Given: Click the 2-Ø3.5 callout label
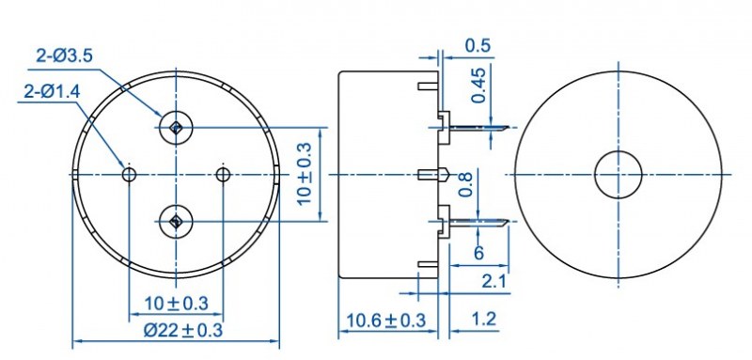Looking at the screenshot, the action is point(64,56).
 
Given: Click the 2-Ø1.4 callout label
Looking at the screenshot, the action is point(52,91).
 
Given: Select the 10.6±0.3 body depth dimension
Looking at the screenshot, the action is point(386,321).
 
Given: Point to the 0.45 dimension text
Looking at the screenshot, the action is point(478,85).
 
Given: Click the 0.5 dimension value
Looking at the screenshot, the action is point(478,45).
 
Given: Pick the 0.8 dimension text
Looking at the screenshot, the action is point(465,184).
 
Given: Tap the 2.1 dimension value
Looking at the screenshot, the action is point(494,281).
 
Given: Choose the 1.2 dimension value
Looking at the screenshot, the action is point(483,319).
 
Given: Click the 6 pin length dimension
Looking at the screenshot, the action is point(478,253).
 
